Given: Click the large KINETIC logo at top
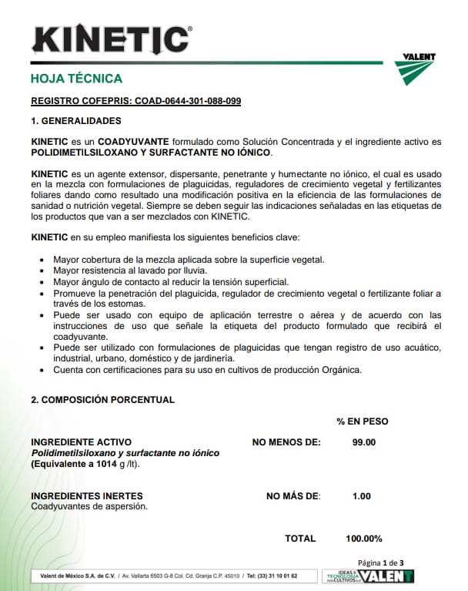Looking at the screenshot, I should click(111, 39).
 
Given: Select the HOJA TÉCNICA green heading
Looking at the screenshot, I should click(75, 79).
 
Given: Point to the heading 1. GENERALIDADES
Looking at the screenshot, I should click(75, 121).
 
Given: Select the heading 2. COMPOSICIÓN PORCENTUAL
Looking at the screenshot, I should click(102, 400).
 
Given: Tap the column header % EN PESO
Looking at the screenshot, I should click(362, 421).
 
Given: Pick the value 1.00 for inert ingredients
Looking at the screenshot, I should click(361, 496).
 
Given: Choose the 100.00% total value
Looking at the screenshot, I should click(363, 539).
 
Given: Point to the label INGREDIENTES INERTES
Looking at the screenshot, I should click(86, 496).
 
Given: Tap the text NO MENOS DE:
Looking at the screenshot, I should click(286, 442).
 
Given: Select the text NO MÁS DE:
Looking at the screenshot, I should click(292, 496).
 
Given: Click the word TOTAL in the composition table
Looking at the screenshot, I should click(299, 539).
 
